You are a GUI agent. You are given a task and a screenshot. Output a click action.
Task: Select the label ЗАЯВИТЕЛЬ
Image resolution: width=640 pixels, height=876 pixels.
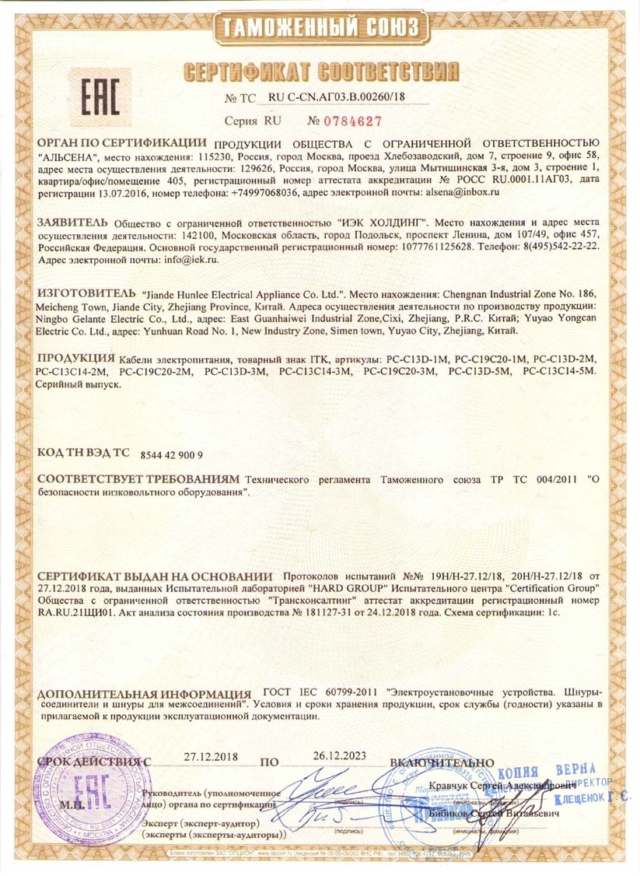pos(68,221)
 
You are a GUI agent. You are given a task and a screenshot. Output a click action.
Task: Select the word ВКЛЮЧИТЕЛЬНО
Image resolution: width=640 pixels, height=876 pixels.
pos(442,761)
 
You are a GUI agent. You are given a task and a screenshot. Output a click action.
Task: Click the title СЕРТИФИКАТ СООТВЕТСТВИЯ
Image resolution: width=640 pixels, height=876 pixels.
pos(320,72)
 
